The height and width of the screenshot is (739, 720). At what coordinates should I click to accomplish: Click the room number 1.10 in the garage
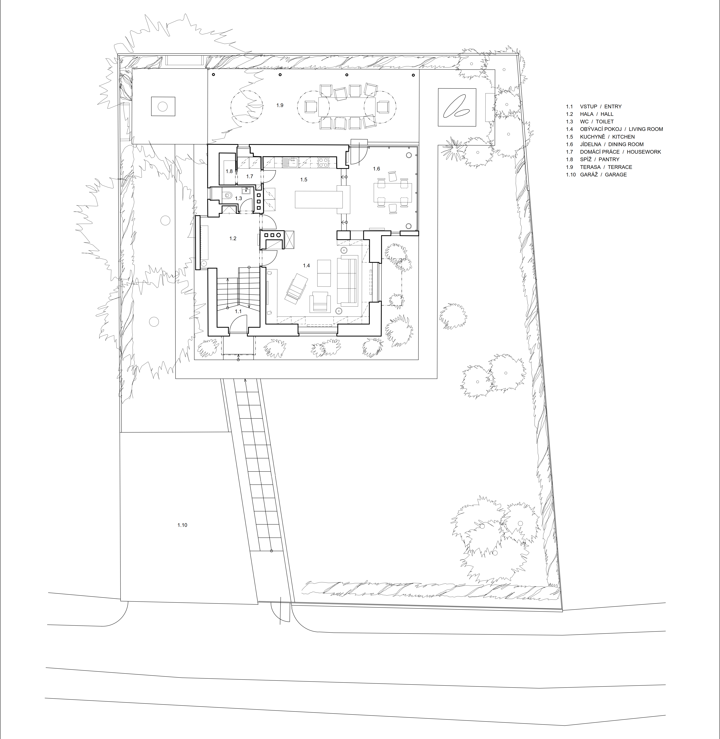click(182, 525)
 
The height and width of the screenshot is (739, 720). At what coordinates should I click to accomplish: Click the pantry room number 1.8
click(229, 171)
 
